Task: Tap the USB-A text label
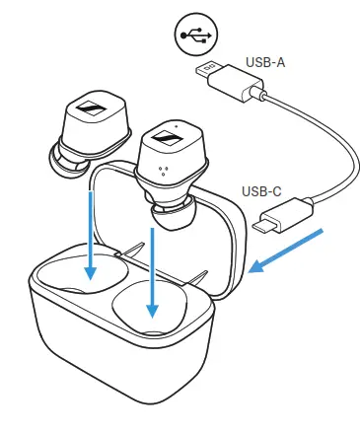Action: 262,62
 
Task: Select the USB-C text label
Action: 262,192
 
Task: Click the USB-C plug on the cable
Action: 286,219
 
